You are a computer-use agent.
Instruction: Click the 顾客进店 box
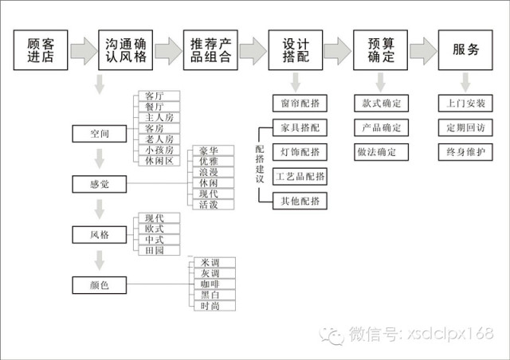(41, 50)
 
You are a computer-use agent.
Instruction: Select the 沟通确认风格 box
(124, 50)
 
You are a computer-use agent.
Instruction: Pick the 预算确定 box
(380, 50)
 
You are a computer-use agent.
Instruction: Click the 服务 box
(465, 50)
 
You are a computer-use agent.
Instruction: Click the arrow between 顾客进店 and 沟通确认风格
(83, 51)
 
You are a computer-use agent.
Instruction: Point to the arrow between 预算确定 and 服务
(423, 51)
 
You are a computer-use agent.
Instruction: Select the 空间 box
(100, 133)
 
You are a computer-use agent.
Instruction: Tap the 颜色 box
(100, 284)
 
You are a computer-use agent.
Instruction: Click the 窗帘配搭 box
(299, 104)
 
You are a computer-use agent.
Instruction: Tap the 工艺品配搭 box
(299, 176)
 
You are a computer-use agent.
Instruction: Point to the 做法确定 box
(380, 151)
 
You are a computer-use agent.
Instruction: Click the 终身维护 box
(465, 151)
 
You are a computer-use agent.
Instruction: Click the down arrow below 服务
(465, 81)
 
